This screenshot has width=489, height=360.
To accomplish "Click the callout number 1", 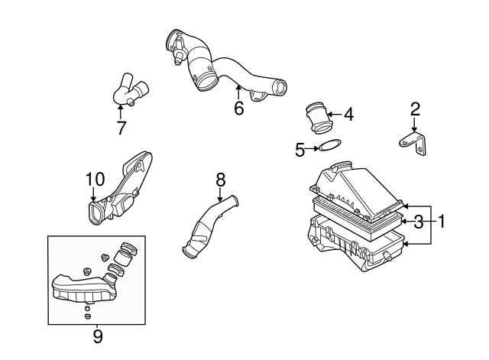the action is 441,222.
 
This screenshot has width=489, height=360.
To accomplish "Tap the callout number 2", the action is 415,109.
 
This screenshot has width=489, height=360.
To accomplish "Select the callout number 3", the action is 418,222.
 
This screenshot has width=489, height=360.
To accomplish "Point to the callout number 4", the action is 349,114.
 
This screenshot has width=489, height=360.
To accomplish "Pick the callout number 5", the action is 300,150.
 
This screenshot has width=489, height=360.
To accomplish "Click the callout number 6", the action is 238,108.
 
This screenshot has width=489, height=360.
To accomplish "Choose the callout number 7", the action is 121,128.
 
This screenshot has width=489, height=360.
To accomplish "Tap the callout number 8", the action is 220,180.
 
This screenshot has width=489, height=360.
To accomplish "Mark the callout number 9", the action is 98,336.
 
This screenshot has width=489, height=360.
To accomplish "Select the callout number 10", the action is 95,179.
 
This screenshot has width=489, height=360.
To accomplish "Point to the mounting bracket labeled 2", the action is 413,143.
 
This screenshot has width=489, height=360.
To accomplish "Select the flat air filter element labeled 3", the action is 358,219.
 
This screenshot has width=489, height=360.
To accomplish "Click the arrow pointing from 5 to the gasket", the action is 312,149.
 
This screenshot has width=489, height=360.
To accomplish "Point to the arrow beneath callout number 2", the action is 414,125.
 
